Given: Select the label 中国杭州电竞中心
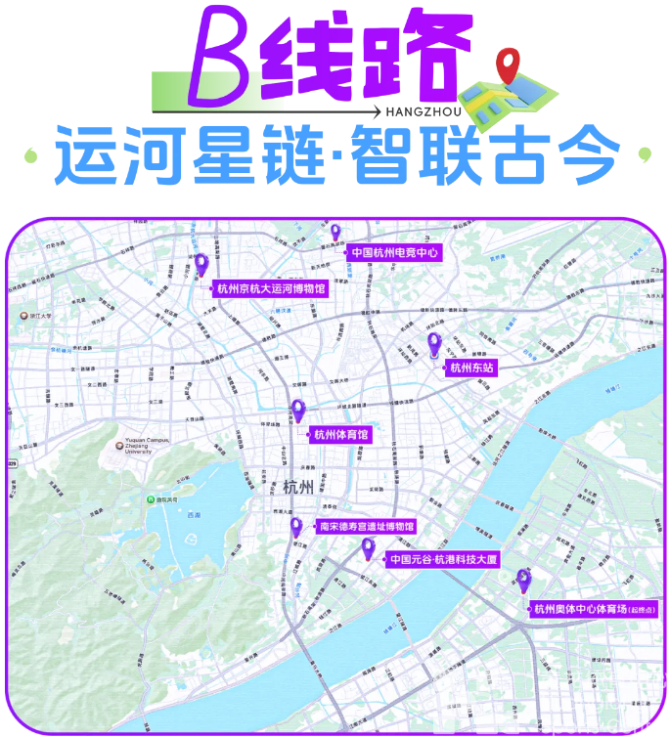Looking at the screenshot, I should click(392, 252).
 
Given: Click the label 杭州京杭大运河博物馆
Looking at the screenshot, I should click(270, 288).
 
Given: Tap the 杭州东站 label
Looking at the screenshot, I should click(472, 368).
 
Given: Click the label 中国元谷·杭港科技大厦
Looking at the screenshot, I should click(442, 560).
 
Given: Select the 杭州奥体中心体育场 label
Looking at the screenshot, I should click(589, 610).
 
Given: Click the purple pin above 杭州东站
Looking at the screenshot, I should click(434, 344).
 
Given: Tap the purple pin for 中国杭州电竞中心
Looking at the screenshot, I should click(335, 234).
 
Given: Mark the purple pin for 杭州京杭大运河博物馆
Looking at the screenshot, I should click(201, 265).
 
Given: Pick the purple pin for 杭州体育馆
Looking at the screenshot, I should click(298, 411).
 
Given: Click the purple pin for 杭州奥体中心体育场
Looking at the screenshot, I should click(523, 579).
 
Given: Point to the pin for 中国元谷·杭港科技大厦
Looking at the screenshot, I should click(368, 549).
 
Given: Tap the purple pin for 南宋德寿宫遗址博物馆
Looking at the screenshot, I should click(295, 528).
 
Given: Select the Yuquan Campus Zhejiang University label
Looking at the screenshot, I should click(147, 447).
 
